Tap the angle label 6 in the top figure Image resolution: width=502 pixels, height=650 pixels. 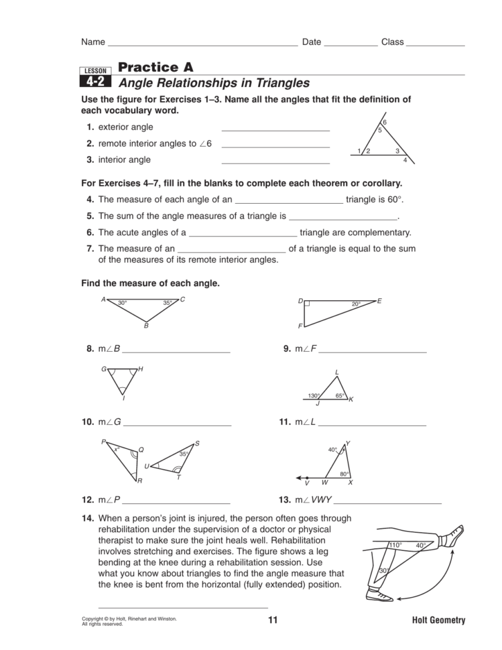pyautogui.click(x=384, y=122)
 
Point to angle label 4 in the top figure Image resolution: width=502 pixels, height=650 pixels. pyautogui.click(x=405, y=160)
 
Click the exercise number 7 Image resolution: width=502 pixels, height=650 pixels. pyautogui.click(x=89, y=249)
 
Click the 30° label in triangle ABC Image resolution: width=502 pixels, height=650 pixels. pyautogui.click(x=123, y=304)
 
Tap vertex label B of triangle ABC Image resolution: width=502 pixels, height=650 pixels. pyautogui.click(x=145, y=326)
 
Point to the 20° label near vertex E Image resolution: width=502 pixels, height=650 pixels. pyautogui.click(x=357, y=304)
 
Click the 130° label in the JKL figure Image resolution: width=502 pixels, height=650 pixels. pyautogui.click(x=314, y=395)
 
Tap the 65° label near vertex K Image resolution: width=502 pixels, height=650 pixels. pyautogui.click(x=340, y=395)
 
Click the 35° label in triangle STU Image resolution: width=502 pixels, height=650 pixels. pyautogui.click(x=183, y=454)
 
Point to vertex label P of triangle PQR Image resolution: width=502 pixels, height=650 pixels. pyautogui.click(x=103, y=442)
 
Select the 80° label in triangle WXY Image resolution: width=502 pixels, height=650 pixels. pyautogui.click(x=344, y=474)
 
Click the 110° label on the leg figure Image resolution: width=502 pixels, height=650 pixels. pyautogui.click(x=395, y=545)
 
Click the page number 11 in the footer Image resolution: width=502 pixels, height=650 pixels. pyautogui.click(x=272, y=620)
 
